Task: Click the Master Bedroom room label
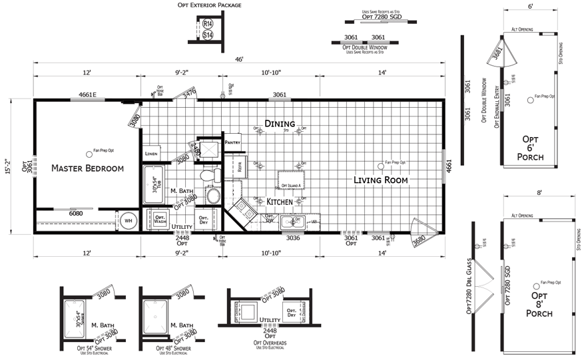[87, 168]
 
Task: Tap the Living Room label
[380, 180]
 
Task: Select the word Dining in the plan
[279, 123]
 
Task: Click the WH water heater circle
[128, 221]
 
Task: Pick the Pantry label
[232, 142]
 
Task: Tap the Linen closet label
[151, 154]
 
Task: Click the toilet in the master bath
[210, 176]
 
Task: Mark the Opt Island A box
[291, 184]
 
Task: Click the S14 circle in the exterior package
[207, 35]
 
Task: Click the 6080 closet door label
[77, 213]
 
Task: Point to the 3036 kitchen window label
[294, 238]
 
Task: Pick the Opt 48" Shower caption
[173, 348]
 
